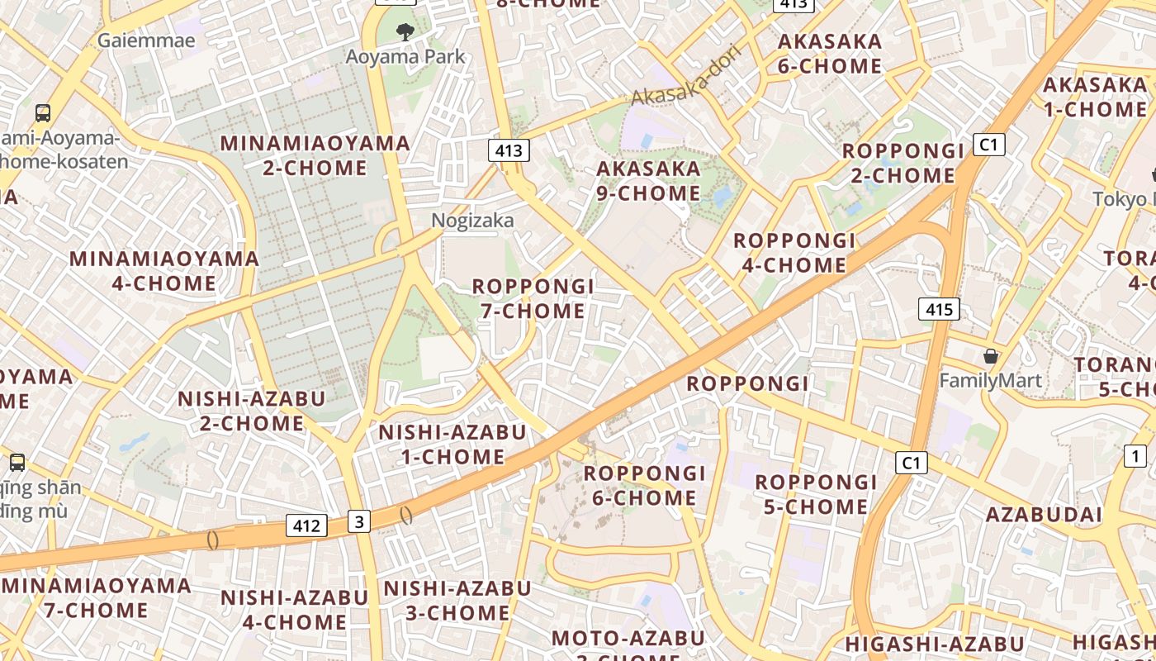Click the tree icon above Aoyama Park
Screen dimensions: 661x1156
(x=405, y=33)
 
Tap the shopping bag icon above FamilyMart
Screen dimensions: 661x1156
(x=990, y=356)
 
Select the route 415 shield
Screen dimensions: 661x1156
(x=939, y=310)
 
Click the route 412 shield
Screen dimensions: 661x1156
(x=306, y=525)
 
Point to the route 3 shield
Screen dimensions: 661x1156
(x=358, y=521)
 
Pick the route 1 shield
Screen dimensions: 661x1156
(x=1135, y=455)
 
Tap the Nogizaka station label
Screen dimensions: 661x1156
(x=472, y=220)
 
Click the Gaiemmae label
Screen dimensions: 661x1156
(x=146, y=40)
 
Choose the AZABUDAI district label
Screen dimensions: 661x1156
(x=1044, y=515)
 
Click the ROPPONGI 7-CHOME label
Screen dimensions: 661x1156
(x=533, y=298)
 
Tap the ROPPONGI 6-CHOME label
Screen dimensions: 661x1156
(x=645, y=485)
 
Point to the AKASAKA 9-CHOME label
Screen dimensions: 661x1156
(x=648, y=181)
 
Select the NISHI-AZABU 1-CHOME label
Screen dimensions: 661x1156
(x=452, y=444)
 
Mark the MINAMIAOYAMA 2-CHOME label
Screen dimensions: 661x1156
(x=315, y=155)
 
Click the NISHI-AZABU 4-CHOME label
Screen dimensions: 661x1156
(x=295, y=609)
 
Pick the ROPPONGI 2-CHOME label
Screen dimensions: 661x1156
(x=903, y=163)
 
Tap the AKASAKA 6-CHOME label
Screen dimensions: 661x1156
(x=830, y=53)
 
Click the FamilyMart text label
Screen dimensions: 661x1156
(x=991, y=381)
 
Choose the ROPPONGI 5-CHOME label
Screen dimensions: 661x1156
(x=816, y=493)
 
